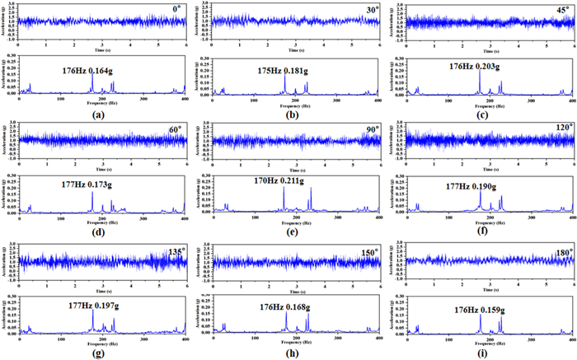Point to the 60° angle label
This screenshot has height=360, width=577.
click(x=175, y=129)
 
